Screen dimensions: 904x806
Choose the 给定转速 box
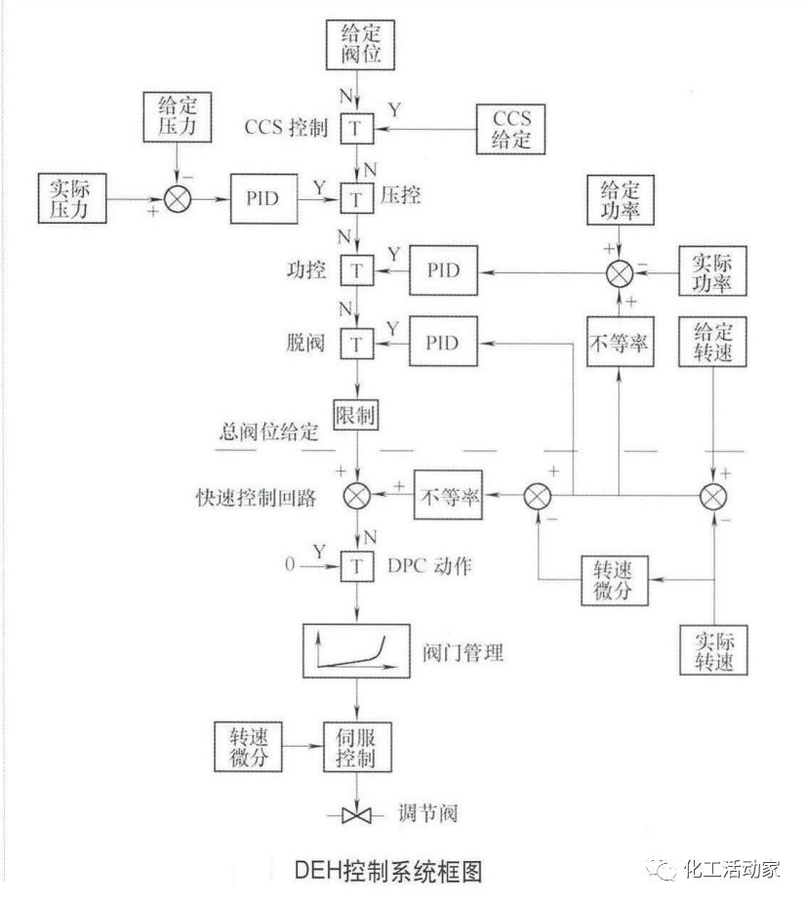click(x=713, y=341)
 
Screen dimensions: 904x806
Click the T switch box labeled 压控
click(x=357, y=198)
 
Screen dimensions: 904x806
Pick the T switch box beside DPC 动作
click(x=357, y=565)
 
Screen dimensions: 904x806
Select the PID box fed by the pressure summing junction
click(x=264, y=198)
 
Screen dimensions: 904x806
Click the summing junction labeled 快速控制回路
click(x=357, y=496)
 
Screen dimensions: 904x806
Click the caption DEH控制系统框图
click(x=388, y=869)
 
